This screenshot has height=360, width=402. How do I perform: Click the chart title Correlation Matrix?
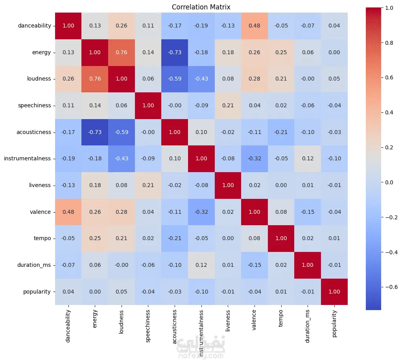point(201,7)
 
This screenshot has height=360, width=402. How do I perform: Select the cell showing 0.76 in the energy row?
point(121,52)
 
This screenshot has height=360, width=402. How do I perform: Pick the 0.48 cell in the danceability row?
point(254,26)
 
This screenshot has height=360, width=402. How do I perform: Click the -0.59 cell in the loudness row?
point(174,79)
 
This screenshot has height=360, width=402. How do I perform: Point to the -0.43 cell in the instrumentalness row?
point(121,159)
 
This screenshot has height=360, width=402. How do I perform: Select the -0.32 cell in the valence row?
point(201,212)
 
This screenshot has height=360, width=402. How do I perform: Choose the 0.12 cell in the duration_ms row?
point(201,265)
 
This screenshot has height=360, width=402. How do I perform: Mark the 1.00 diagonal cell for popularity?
point(334,292)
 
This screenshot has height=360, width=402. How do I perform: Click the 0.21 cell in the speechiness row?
point(228,105)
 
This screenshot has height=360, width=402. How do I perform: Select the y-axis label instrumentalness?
point(28,159)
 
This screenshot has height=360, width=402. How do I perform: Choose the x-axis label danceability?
point(68,324)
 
